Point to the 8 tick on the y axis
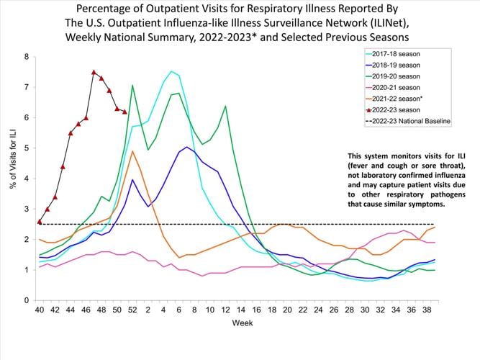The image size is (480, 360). point(27,57)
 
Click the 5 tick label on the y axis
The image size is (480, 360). point(27,148)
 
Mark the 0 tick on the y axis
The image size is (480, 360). point(27,300)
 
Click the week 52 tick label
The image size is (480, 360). point(132,310)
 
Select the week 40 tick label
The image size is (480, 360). point(39,310)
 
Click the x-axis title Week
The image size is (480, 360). point(242,323)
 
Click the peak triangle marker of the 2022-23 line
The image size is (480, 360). point(94,72)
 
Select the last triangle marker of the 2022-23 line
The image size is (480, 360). point(124,112)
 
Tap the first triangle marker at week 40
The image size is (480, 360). point(39,221)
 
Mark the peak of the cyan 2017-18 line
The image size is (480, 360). point(171,71)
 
